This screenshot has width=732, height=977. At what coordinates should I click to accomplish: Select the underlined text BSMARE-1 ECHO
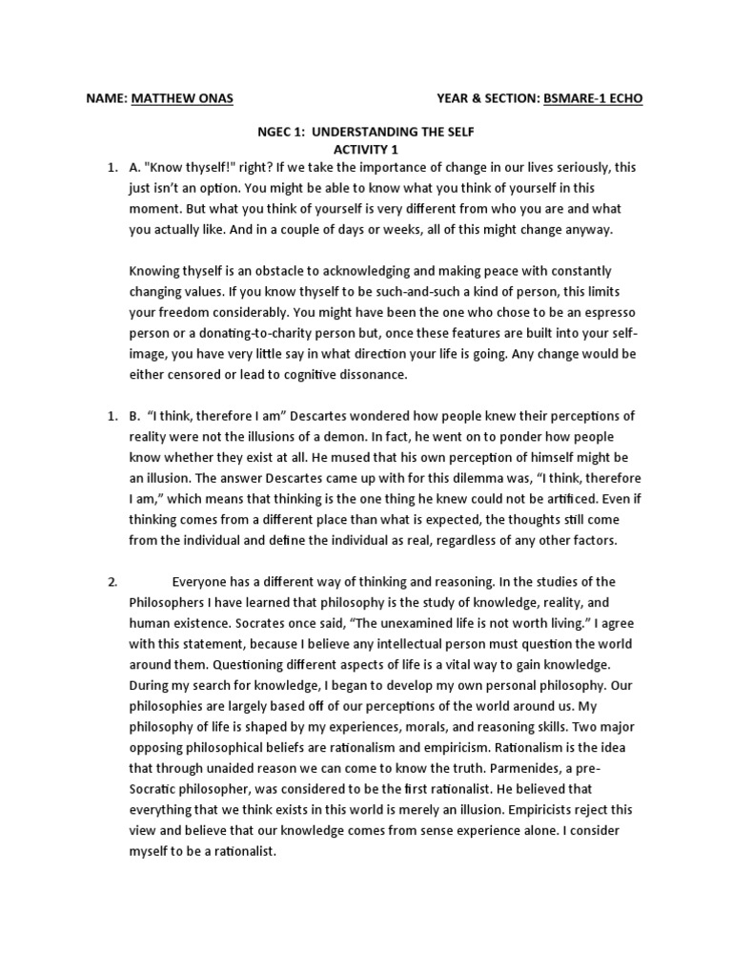[x=593, y=99]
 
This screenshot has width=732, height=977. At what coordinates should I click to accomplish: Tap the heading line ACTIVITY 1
[x=366, y=150]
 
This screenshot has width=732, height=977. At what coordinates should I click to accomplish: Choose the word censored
[x=209, y=374]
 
